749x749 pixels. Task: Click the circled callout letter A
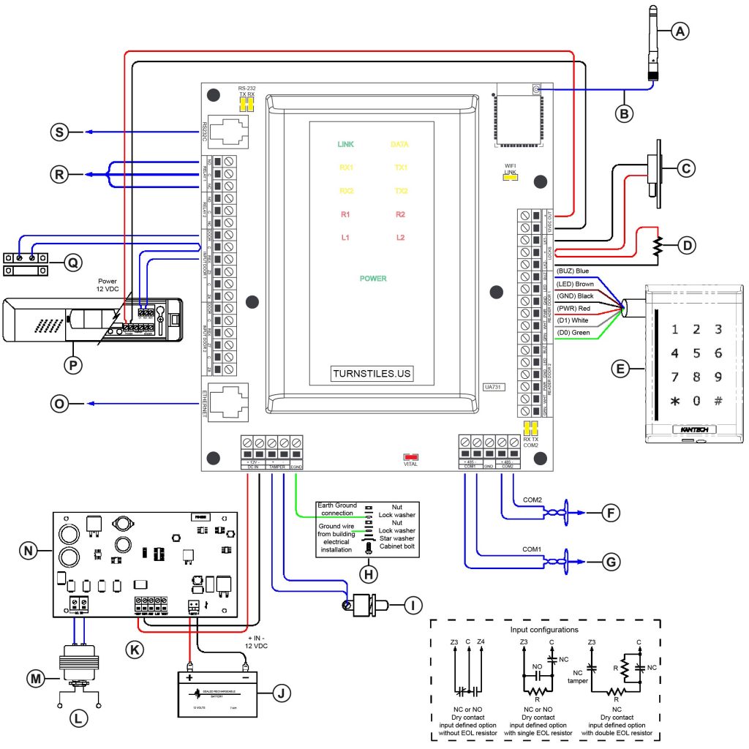pyautogui.click(x=680, y=31)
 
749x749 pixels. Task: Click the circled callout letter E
pyautogui.click(x=620, y=370)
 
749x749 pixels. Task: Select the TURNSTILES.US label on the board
pyautogui.click(x=372, y=374)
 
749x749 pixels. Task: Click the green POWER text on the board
pyautogui.click(x=372, y=279)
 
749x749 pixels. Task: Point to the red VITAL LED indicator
pyautogui.click(x=410, y=456)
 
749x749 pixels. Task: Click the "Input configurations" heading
pyautogui.click(x=544, y=629)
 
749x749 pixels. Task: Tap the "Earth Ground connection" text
pyautogui.click(x=336, y=509)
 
